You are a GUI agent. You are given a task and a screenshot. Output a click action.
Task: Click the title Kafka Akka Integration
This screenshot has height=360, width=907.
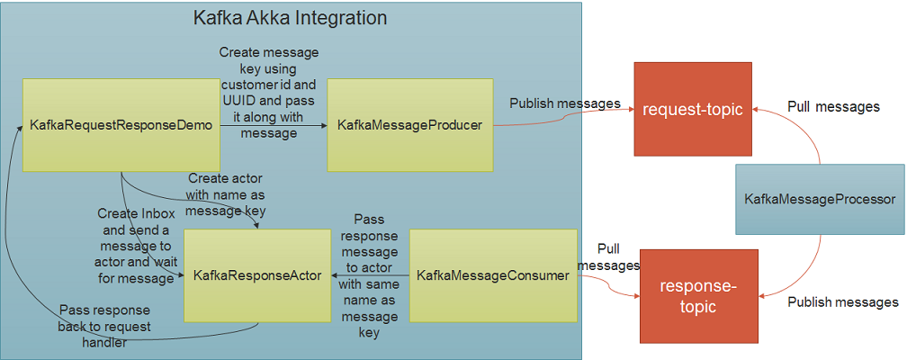coord(291,18)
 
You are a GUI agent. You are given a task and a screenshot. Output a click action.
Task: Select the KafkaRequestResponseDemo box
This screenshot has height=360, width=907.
coord(121,125)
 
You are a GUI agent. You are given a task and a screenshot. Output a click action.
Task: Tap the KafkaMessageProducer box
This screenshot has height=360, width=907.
coord(409,125)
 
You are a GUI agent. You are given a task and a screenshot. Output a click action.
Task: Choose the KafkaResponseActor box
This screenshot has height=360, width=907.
coord(257,275)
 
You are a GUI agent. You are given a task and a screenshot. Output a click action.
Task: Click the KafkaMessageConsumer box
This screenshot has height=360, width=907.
coord(492,275)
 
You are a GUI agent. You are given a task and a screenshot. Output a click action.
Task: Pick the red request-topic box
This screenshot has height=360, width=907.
coord(692,110)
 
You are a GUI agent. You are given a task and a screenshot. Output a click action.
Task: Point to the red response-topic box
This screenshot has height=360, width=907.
coord(698,296)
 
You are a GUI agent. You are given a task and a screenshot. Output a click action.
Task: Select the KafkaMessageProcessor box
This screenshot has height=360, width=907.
coord(820,199)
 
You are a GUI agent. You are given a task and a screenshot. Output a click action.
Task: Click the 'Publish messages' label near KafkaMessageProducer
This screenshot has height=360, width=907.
coord(565,103)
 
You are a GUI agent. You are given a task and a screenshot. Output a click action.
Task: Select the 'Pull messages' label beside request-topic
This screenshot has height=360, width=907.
coord(833,106)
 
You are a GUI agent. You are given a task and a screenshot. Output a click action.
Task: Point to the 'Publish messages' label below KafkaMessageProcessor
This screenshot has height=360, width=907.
coord(843,301)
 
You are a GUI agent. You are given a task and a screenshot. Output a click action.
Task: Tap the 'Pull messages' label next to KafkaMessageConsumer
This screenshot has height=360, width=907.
coord(608,256)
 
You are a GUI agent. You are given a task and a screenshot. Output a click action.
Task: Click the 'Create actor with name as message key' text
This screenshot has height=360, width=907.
coord(226,194)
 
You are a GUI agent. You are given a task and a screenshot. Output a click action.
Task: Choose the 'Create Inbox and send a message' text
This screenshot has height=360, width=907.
coord(136,246)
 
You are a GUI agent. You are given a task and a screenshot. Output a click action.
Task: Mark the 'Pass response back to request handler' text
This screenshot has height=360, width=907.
coord(104,326)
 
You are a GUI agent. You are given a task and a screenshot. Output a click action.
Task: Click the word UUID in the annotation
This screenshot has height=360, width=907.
coord(240,102)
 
